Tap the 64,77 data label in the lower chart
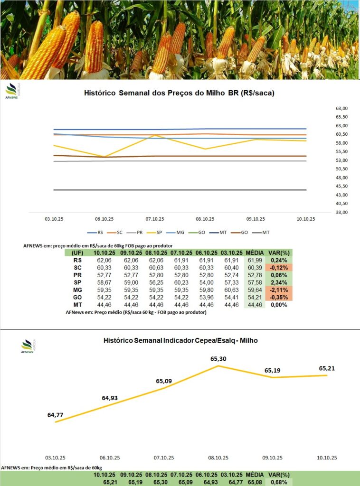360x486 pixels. pos(56,415)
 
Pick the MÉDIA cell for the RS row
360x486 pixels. pos(255,261)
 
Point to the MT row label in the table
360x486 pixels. pos(77,305)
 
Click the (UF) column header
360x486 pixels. pos(77,253)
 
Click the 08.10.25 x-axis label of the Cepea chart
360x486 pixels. pos(218,458)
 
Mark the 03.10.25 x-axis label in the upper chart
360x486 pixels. pos(54,219)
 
